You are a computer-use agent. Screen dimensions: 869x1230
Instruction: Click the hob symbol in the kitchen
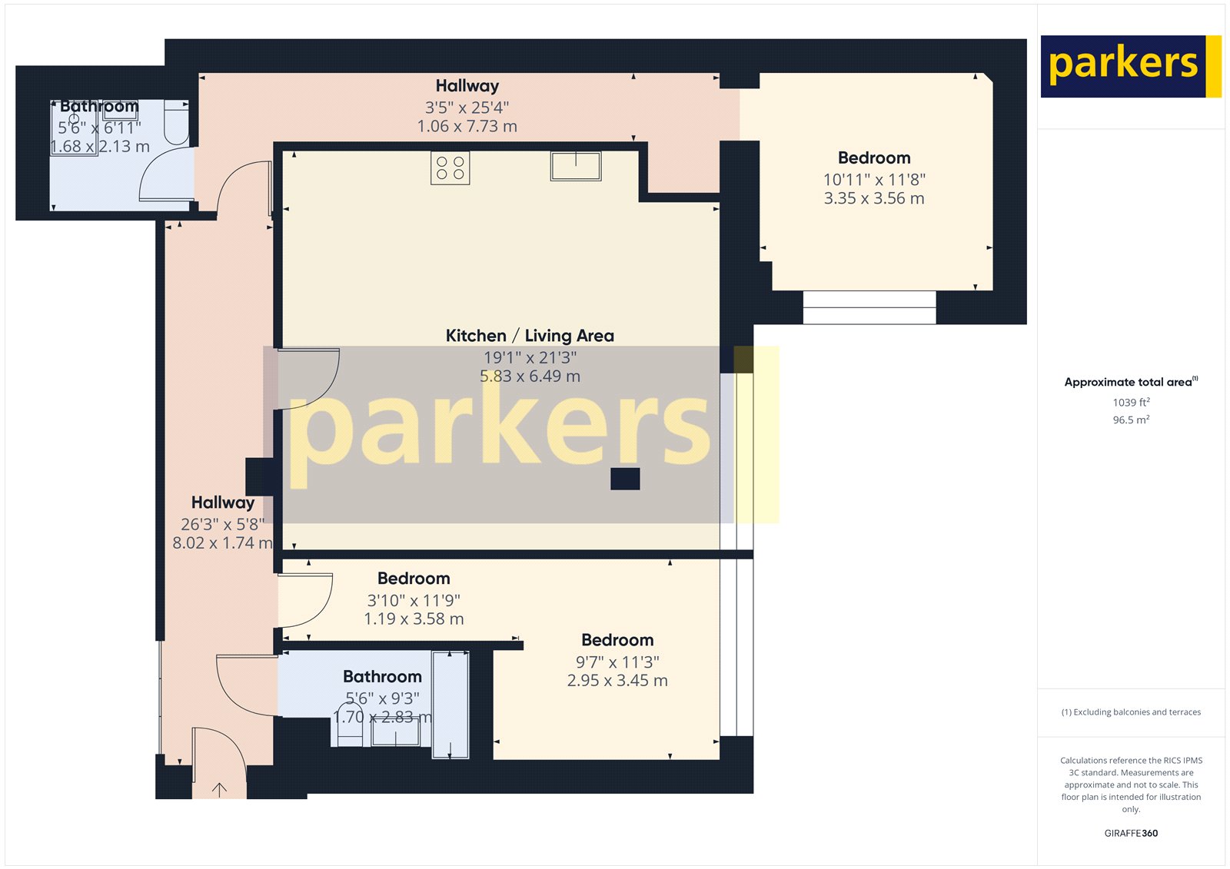[x=450, y=168]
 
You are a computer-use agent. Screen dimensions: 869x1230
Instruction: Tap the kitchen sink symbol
[x=576, y=166]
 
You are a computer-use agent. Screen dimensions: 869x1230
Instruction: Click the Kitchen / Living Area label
[x=530, y=336]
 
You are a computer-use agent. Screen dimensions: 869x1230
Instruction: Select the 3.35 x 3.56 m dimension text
[x=874, y=198]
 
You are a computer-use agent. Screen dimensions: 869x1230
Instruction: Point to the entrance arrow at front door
[x=219, y=789]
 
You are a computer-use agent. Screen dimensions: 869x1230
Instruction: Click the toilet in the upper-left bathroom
[x=177, y=123]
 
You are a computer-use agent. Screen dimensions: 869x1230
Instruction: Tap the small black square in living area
[x=625, y=479]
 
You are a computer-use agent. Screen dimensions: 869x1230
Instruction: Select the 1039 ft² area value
[x=1131, y=403]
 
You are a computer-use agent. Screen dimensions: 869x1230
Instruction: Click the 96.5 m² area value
[x=1131, y=420]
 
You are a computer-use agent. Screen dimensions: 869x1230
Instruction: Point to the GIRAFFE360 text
[x=1131, y=833]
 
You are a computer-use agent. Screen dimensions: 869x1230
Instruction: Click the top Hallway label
[x=467, y=86]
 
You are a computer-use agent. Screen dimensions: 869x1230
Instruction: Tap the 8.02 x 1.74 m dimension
[x=222, y=543]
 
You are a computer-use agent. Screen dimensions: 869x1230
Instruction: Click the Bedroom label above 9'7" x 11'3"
[x=617, y=640]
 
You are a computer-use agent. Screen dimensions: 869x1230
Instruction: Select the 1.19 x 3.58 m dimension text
[x=414, y=619]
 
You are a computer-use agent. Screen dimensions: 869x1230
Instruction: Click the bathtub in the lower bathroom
[x=450, y=705]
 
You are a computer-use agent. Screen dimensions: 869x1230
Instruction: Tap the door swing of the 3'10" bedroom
[x=307, y=600]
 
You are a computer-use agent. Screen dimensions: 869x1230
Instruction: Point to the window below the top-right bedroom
[x=869, y=307]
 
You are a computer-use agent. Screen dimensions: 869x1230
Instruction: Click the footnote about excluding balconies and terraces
[x=1131, y=712]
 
